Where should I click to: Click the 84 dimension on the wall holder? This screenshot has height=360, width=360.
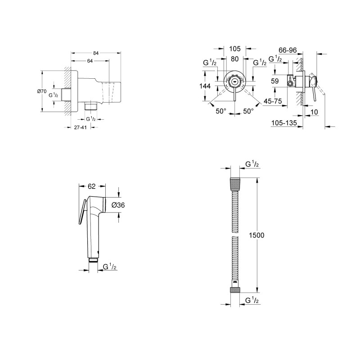[95, 53]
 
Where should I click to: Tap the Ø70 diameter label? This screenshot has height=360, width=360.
[41, 91]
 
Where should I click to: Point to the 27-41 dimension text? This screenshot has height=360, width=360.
[80, 128]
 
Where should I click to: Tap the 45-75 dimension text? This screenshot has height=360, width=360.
[273, 101]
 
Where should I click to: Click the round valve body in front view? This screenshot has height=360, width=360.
[234, 82]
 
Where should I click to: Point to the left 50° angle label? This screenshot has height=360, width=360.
[220, 111]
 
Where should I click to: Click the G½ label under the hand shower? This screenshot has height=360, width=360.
[109, 267]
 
